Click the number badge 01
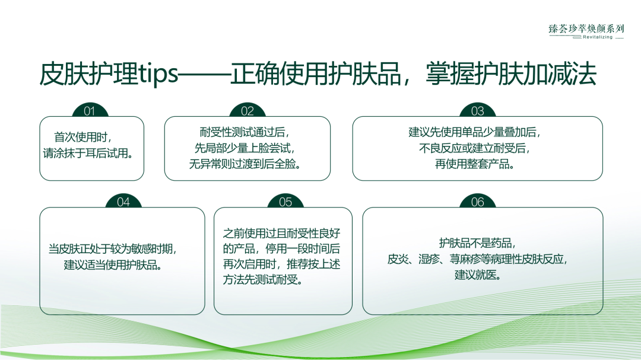point(90,111)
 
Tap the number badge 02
point(247,111)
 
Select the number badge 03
point(477,111)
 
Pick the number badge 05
point(285,202)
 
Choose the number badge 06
point(477,202)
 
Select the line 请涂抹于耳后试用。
point(87,153)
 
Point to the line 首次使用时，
point(84,137)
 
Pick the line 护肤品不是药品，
point(477,243)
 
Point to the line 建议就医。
point(477,275)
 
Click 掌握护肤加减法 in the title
point(510,75)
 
